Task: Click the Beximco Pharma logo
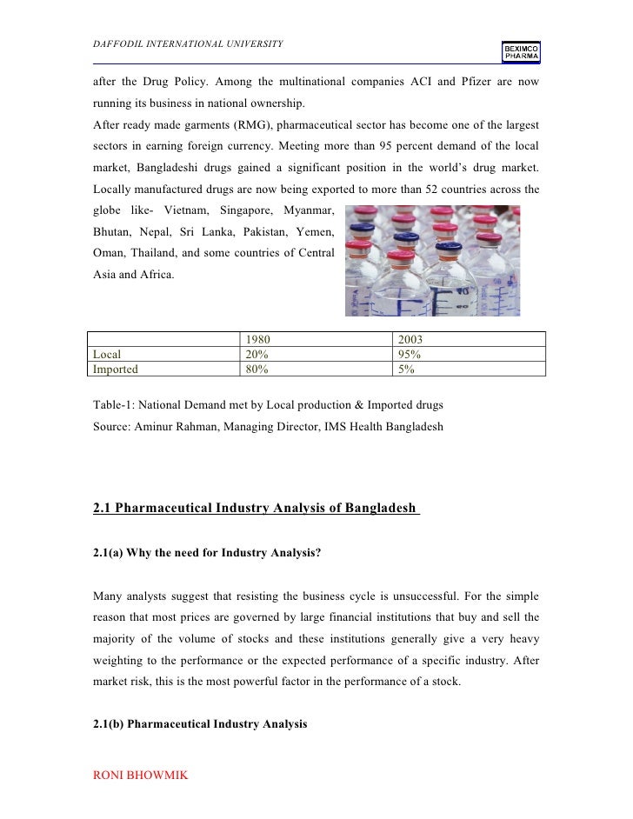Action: (x=520, y=52)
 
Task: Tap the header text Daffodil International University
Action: (x=187, y=44)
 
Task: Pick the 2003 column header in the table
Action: (x=410, y=340)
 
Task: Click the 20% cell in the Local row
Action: (x=257, y=355)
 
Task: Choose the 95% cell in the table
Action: (x=409, y=355)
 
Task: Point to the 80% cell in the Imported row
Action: (x=257, y=369)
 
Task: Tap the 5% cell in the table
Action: (x=405, y=369)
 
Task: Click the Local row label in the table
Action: (x=107, y=355)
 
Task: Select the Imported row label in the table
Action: (x=116, y=369)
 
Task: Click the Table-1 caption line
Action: (x=268, y=404)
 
